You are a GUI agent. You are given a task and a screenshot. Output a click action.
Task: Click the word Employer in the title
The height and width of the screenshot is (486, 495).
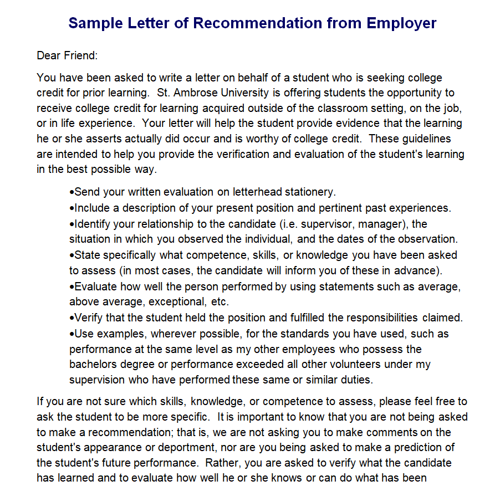click(401, 23)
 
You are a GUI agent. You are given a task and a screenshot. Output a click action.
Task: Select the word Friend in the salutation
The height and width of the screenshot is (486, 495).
click(80, 55)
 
